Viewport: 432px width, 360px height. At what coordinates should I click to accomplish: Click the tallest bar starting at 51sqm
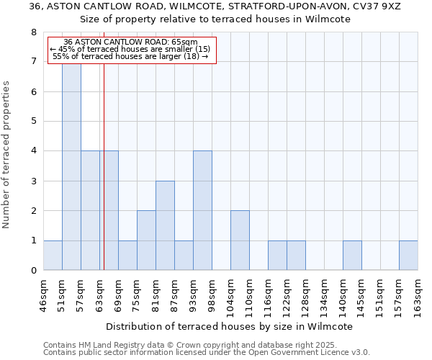71,166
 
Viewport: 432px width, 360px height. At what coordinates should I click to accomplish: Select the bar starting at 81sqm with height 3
165,225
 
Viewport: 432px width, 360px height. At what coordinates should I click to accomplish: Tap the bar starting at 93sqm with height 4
202,210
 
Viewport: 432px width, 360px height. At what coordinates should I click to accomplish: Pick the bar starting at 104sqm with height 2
240,240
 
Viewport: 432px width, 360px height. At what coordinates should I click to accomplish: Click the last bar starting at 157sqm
408,256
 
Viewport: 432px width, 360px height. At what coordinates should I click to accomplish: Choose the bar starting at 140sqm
352,256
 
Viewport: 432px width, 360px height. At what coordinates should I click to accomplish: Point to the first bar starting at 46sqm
53,256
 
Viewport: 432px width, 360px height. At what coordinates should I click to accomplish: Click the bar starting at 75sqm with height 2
146,240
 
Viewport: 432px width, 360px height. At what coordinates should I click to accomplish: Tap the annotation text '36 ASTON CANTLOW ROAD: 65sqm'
130,42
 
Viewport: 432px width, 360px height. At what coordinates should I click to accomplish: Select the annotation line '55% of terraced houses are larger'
130,56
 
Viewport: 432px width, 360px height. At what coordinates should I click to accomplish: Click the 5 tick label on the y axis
33,122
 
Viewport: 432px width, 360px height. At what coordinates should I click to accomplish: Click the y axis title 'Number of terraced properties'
7,154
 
